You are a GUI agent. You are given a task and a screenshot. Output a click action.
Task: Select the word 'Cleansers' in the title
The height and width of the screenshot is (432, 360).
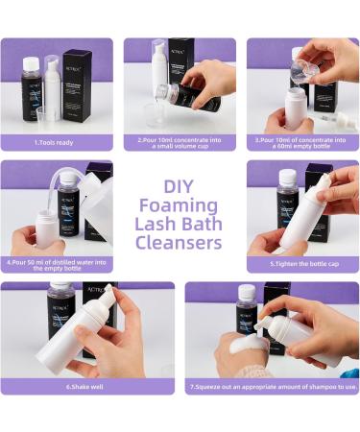[x=180, y=243]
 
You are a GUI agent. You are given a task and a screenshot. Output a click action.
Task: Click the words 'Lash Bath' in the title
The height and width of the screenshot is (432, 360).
[x=180, y=223]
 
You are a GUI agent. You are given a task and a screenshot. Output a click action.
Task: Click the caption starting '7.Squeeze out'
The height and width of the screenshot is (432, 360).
[x=272, y=386]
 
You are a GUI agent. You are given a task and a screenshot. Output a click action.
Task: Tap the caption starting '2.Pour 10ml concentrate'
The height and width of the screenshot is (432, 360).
[x=180, y=143]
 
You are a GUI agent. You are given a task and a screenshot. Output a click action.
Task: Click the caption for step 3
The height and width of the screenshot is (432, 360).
[x=302, y=143]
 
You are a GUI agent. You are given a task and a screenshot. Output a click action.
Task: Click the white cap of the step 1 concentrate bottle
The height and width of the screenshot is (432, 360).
[x=32, y=62]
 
